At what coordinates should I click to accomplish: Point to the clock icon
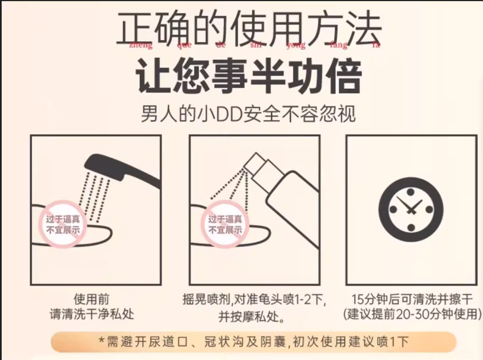(x=411, y=210)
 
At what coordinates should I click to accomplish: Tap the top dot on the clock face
(x=411, y=192)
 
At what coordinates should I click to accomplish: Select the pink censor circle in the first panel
(x=63, y=224)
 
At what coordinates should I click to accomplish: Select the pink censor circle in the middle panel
(x=225, y=224)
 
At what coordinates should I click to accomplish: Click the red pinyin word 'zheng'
(x=141, y=45)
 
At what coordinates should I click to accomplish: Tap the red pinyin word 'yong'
(x=296, y=45)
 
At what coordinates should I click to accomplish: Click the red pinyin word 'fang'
(x=338, y=45)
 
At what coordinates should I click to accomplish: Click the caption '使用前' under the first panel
(x=91, y=299)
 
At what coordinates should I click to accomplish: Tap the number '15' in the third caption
(x=358, y=299)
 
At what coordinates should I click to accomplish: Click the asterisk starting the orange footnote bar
(x=101, y=340)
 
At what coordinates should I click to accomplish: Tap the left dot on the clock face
(x=393, y=210)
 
